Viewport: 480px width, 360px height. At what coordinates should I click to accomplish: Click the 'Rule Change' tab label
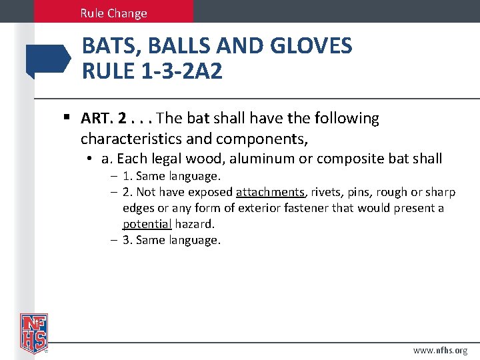click(x=113, y=13)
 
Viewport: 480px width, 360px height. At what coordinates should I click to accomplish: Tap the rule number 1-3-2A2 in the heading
click(x=179, y=71)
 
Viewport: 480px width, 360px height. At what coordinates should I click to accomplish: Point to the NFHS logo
click(x=33, y=332)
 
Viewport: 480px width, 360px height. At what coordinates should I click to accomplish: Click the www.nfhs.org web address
click(x=440, y=350)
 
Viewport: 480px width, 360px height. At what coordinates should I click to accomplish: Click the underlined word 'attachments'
click(x=270, y=192)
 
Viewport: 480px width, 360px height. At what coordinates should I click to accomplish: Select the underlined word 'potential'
click(x=147, y=224)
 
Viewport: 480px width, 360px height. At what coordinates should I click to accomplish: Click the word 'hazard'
click(x=195, y=224)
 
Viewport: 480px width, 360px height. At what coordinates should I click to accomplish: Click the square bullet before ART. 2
click(x=67, y=119)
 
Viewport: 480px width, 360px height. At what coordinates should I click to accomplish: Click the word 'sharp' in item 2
click(x=439, y=192)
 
